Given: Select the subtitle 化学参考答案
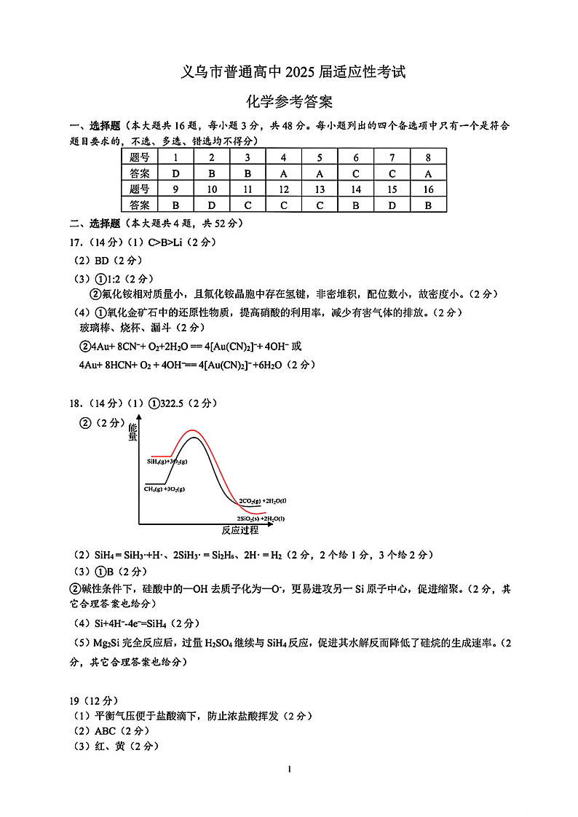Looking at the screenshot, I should click(289, 102).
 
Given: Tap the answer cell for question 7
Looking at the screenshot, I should click(392, 173).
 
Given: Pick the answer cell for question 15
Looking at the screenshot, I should click(392, 205).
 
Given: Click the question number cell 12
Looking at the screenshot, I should click(283, 189).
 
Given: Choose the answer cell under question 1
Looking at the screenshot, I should click(175, 173).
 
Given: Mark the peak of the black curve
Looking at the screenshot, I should click(193, 438).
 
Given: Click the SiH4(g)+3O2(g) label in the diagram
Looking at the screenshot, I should click(167, 462).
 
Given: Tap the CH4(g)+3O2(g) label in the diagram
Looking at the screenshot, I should click(165, 490).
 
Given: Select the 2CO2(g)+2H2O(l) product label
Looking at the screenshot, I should click(262, 501).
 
